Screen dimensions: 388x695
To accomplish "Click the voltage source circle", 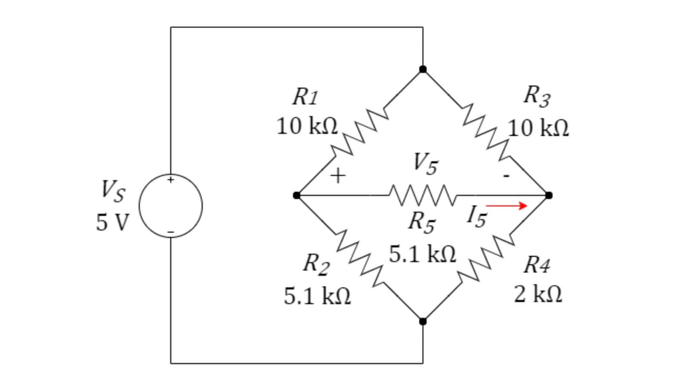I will [171, 206].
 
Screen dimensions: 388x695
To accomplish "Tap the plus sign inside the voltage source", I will [171, 180].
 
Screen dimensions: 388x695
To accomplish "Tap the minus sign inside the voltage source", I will [171, 231].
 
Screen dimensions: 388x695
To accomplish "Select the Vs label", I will [113, 191].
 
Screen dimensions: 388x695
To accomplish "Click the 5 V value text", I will [113, 222].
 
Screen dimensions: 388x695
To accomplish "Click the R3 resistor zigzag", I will [485, 132].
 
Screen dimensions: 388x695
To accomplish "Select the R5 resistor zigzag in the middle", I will [422, 195].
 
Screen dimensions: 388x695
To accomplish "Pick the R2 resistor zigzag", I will [360, 258].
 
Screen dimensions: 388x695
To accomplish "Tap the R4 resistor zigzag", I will [485, 258].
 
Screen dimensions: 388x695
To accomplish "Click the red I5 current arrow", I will [506, 206].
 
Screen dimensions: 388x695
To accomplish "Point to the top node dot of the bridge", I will [423, 70].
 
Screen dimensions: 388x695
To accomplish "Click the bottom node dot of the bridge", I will [423, 321].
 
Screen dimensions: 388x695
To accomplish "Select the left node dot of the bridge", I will [297, 195].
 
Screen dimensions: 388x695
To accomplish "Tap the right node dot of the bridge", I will [548, 195].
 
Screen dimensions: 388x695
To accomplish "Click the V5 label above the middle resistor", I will [425, 163].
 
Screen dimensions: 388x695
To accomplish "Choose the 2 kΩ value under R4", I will [538, 295].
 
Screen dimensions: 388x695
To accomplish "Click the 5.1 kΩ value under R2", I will [317, 297].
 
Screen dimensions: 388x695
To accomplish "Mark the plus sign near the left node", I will [338, 176].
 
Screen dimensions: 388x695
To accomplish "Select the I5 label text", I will [477, 217].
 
